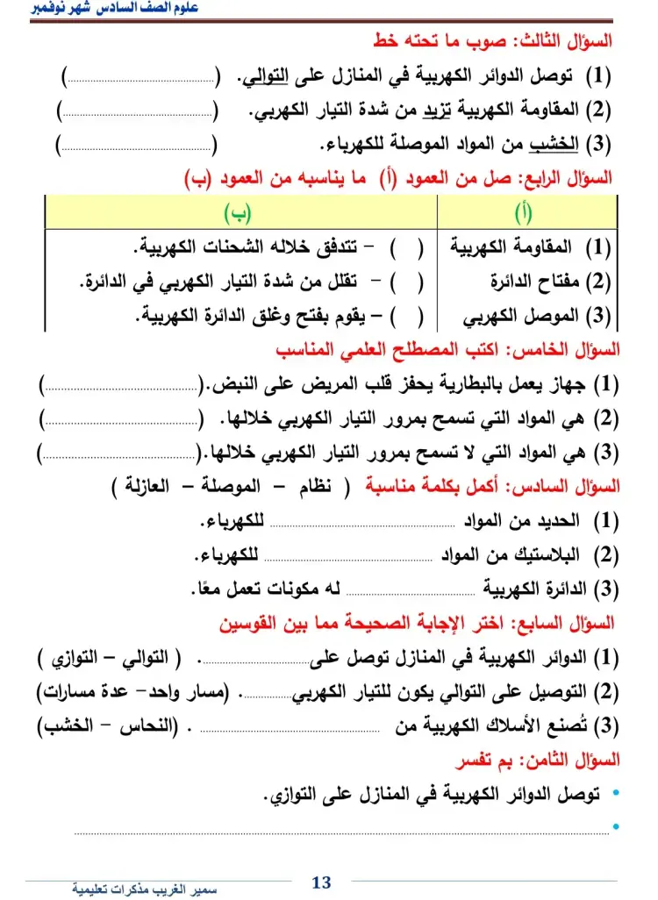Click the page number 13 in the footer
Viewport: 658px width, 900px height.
[x=322, y=882]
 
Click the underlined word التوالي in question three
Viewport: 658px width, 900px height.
[x=262, y=78]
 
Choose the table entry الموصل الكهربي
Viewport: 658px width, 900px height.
[x=524, y=316]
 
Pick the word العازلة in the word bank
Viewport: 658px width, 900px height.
[x=152, y=485]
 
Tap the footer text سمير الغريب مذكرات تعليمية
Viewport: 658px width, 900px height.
[x=145, y=889]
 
